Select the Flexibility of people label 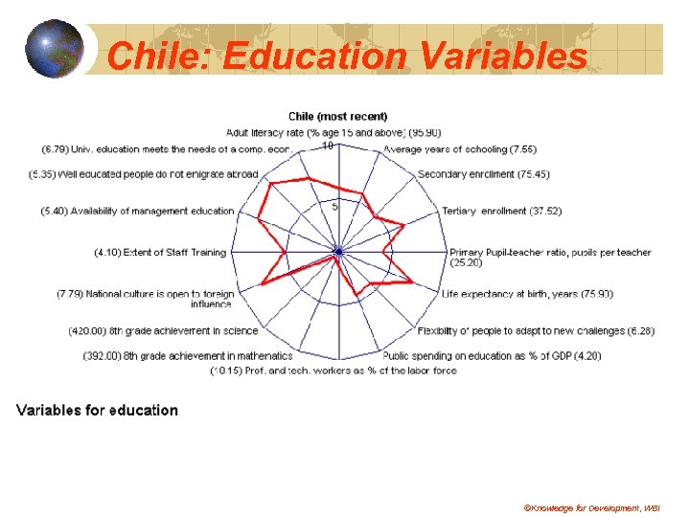coord(536,331)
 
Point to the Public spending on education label coord(492,355)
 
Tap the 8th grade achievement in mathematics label coord(171,355)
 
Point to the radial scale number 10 coord(327,146)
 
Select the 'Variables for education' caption coord(97,410)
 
